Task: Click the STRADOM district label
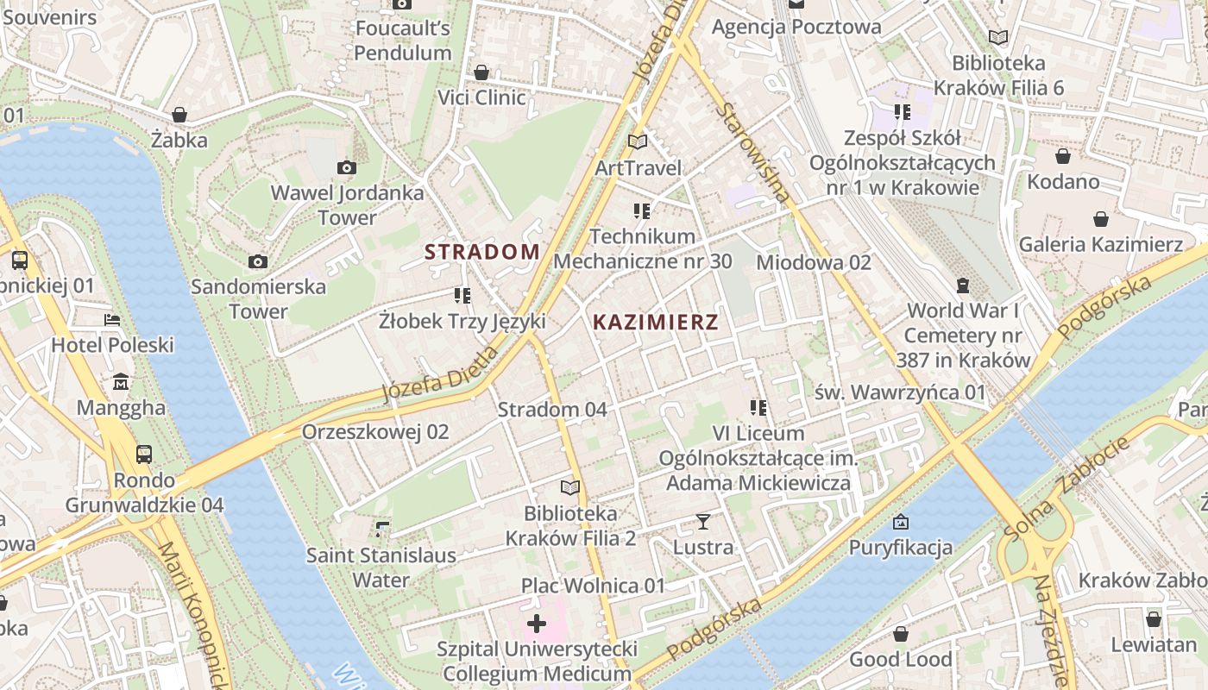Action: (482, 252)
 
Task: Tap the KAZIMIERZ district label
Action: (656, 323)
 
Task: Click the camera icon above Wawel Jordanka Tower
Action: (347, 167)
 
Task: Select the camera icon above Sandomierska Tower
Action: (257, 261)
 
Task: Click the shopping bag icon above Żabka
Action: (179, 115)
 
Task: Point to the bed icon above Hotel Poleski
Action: (112, 320)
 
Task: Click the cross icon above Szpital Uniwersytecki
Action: (537, 623)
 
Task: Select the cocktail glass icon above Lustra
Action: (703, 521)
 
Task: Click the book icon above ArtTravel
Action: (638, 141)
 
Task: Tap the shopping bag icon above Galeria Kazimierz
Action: (1100, 219)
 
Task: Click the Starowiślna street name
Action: (753, 154)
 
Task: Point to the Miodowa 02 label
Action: (814, 262)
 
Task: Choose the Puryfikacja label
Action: (901, 547)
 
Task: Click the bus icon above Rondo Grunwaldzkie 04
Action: (144, 454)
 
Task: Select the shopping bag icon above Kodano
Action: (1063, 156)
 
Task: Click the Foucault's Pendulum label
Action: (403, 41)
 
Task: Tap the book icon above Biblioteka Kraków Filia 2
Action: (569, 488)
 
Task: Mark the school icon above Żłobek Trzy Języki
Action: (462, 296)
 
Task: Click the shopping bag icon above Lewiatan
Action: (1154, 619)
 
